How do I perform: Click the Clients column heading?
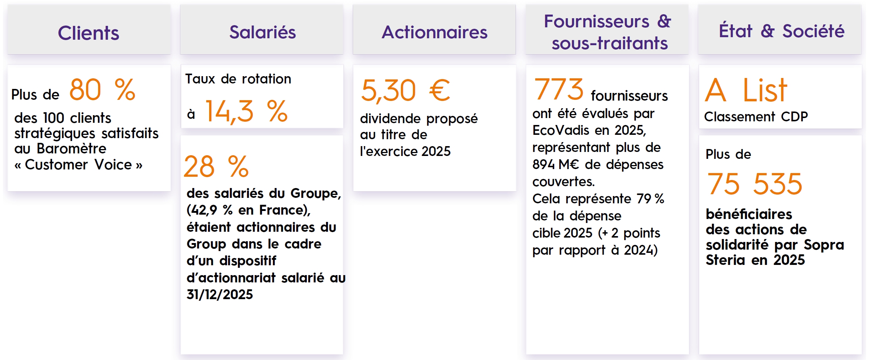(89, 33)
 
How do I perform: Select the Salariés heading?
(262, 32)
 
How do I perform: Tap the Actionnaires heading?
(434, 32)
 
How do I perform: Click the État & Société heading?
(782, 31)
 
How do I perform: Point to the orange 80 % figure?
(102, 90)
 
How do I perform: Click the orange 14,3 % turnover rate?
(247, 111)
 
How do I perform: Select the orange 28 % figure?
(216, 167)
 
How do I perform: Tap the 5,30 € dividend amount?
(406, 90)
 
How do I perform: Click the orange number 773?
(559, 89)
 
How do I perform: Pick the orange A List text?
(746, 90)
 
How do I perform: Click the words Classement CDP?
(756, 117)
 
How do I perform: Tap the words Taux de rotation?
(238, 79)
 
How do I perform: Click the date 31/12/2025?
(220, 294)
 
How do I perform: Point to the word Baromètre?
(71, 149)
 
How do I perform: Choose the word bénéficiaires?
(749, 214)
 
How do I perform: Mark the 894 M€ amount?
(556, 164)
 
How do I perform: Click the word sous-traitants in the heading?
(610, 43)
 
